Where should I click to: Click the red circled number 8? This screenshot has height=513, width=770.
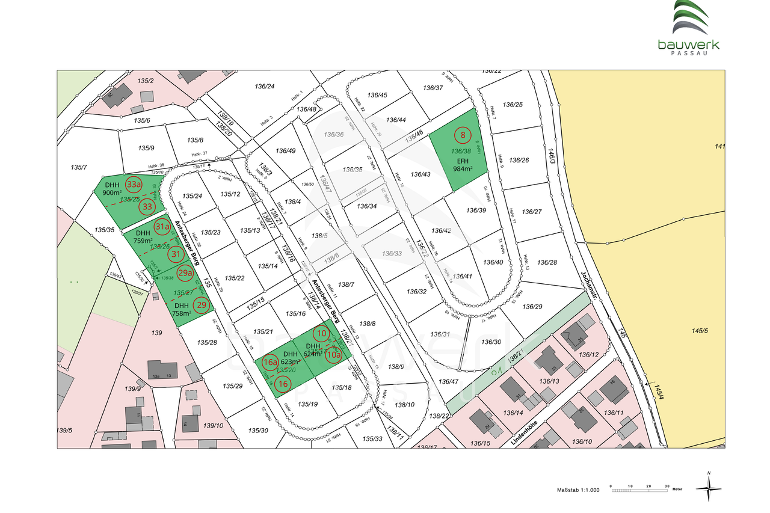click(x=463, y=135)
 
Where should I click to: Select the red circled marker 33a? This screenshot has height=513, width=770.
click(x=134, y=184)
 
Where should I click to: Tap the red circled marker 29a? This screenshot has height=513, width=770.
click(x=185, y=273)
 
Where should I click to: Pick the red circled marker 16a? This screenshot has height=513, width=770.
click(x=270, y=361)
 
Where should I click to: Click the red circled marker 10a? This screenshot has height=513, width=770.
click(x=333, y=355)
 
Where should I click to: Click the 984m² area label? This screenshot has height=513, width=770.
click(x=463, y=168)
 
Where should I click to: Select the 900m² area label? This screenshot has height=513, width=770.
click(x=112, y=192)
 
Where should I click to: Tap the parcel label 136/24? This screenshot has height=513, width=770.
click(x=265, y=87)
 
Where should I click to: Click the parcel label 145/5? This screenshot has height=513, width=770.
click(x=701, y=330)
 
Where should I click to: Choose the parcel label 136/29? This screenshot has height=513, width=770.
click(x=532, y=307)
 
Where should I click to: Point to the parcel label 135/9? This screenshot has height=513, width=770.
click(x=146, y=148)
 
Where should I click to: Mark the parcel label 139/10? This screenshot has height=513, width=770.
click(x=214, y=426)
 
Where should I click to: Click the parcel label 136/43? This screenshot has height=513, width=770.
click(x=420, y=174)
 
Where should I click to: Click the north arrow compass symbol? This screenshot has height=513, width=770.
click(x=709, y=488)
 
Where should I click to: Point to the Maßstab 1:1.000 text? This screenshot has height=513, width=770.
click(x=578, y=491)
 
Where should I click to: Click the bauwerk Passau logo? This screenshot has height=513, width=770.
click(x=688, y=28)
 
